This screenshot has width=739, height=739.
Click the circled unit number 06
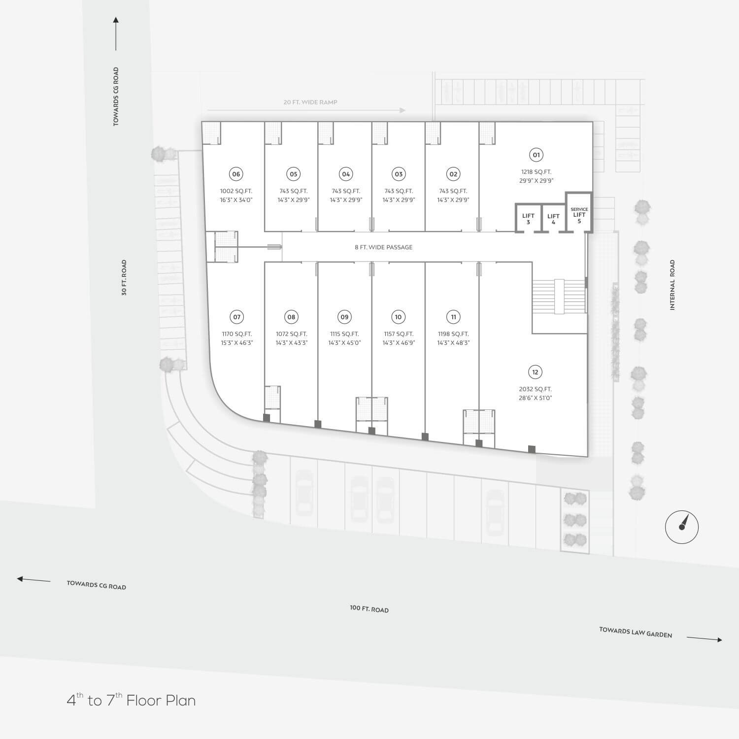pyautogui.click(x=236, y=174)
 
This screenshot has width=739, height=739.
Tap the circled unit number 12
pyautogui.click(x=535, y=372)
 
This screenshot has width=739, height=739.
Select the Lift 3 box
pyautogui.click(x=528, y=218)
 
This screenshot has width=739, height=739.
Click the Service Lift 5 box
pyautogui.click(x=579, y=212)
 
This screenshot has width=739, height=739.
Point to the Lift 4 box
pyautogui.click(x=553, y=218)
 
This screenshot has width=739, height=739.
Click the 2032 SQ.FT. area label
pyautogui.click(x=535, y=389)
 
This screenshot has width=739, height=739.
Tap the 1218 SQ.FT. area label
pyautogui.click(x=536, y=172)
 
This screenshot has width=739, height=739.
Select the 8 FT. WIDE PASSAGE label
pyautogui.click(x=383, y=247)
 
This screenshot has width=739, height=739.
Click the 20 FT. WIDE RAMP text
pyautogui.click(x=310, y=102)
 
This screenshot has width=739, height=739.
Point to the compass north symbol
pyautogui.click(x=682, y=527)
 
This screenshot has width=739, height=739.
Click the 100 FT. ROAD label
pyautogui.click(x=369, y=609)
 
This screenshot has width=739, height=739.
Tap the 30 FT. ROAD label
pyautogui.click(x=124, y=277)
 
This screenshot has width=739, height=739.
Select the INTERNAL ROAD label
pyautogui.click(x=672, y=285)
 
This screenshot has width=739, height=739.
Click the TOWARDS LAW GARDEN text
pyautogui.click(x=636, y=632)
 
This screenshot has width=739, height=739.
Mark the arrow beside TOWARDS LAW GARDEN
pyautogui.click(x=705, y=639)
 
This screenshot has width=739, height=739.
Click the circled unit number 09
pyautogui.click(x=344, y=317)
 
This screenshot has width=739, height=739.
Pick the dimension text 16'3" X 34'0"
pyautogui.click(x=236, y=200)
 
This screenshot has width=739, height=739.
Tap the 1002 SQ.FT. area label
pyautogui.click(x=236, y=191)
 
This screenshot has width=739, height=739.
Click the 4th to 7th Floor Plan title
pyautogui.click(x=131, y=700)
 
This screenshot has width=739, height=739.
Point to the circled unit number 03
pyautogui.click(x=399, y=174)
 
